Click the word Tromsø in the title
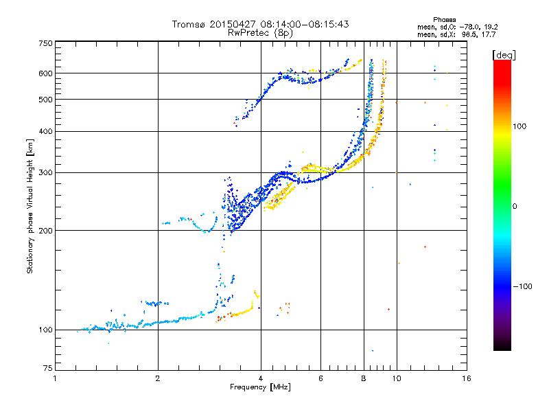[x=188, y=24]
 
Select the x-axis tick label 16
[x=466, y=378]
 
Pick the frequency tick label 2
[x=158, y=378]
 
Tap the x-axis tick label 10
[x=396, y=378]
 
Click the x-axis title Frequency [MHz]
[x=260, y=387]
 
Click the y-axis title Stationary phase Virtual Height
[x=30, y=206]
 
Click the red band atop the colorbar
[x=502, y=65]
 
